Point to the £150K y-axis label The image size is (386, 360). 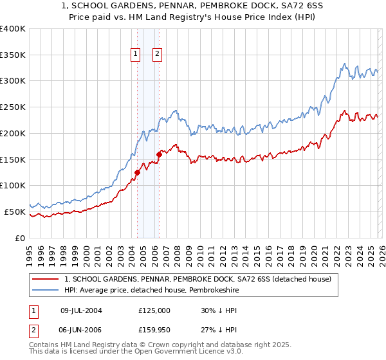(13, 159)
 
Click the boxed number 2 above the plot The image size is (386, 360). (157, 55)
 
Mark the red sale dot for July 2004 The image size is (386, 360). (137, 172)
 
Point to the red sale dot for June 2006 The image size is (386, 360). (159, 154)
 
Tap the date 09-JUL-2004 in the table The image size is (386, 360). (81, 310)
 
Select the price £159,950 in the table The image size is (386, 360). (154, 329)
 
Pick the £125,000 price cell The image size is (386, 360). (154, 310)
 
